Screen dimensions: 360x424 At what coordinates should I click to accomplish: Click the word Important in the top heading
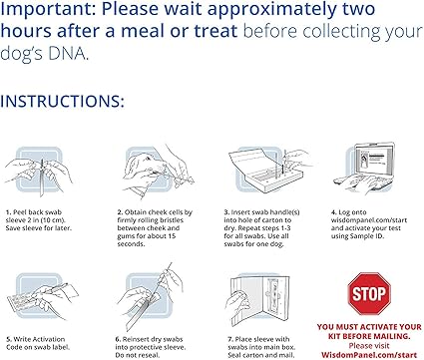coord(46,12)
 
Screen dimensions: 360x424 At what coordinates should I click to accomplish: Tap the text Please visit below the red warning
coord(368,344)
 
